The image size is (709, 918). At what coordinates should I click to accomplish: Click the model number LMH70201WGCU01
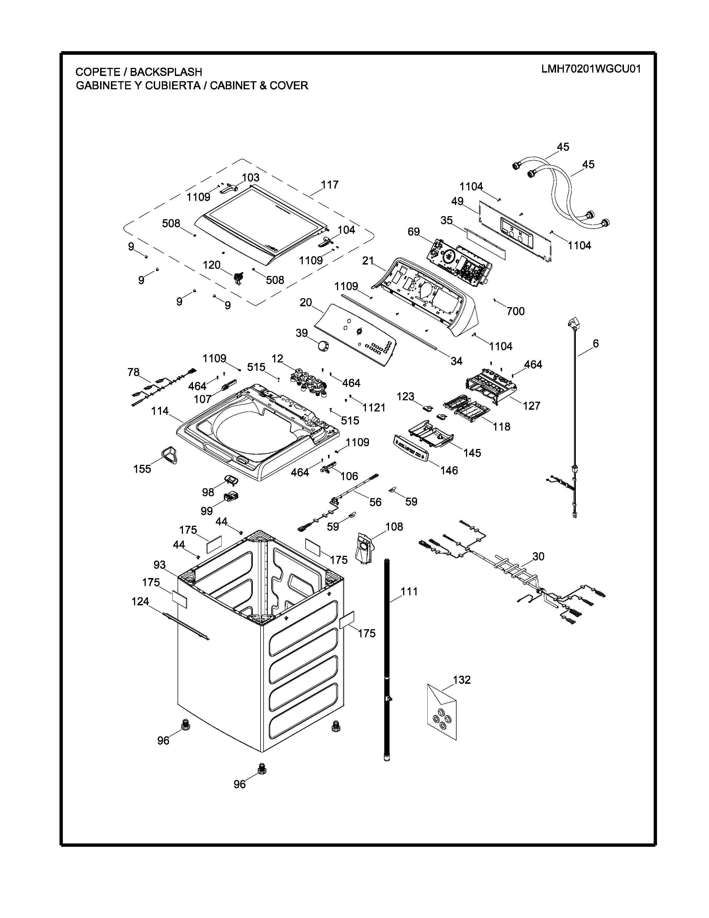pyautogui.click(x=591, y=69)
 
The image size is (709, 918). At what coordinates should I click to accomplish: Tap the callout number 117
pyautogui.click(x=330, y=185)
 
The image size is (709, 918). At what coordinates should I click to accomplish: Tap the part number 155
pyautogui.click(x=142, y=469)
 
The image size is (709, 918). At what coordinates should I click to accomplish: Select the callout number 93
pyautogui.click(x=160, y=565)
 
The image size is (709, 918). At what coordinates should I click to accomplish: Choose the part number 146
pyautogui.click(x=449, y=470)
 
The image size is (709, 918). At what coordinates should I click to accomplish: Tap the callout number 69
pyautogui.click(x=414, y=232)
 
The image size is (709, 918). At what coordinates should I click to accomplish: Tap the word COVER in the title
pyautogui.click(x=289, y=86)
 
